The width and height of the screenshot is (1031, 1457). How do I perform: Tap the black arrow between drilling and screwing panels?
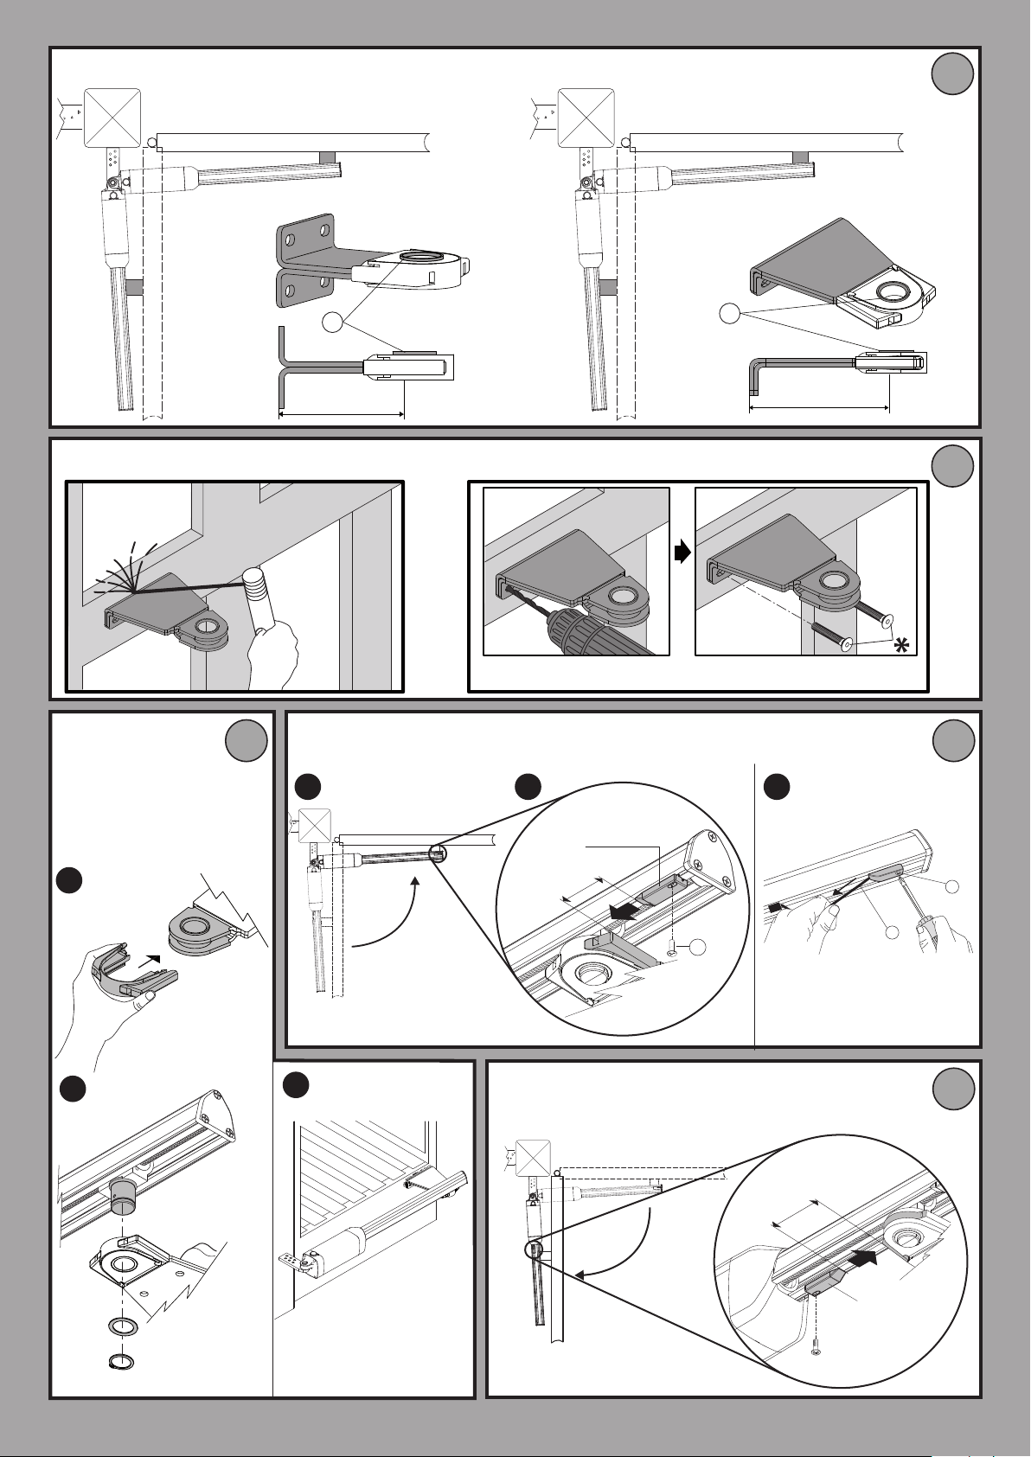point(682,553)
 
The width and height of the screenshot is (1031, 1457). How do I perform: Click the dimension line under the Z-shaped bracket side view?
point(342,414)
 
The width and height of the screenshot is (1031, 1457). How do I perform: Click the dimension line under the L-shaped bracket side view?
point(818,406)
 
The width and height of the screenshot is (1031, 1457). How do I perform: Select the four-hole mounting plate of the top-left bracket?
point(304,259)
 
